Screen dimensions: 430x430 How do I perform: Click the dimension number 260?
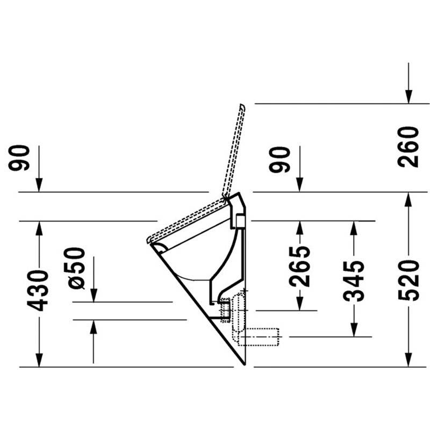pos(408,147)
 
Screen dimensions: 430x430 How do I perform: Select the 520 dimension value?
pos(408,281)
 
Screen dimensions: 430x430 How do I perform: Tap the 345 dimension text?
pos(354,281)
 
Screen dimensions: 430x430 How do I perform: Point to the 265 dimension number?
pos(299,266)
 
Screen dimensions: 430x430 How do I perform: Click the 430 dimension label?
pos(38,290)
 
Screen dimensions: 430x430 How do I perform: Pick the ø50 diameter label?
pos(74,268)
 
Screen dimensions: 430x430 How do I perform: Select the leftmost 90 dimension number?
pos(19,158)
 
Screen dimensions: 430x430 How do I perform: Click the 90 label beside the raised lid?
pos(279,160)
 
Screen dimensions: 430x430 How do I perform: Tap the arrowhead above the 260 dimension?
pos(408,97)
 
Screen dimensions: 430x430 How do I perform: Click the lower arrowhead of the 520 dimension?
pos(408,360)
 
